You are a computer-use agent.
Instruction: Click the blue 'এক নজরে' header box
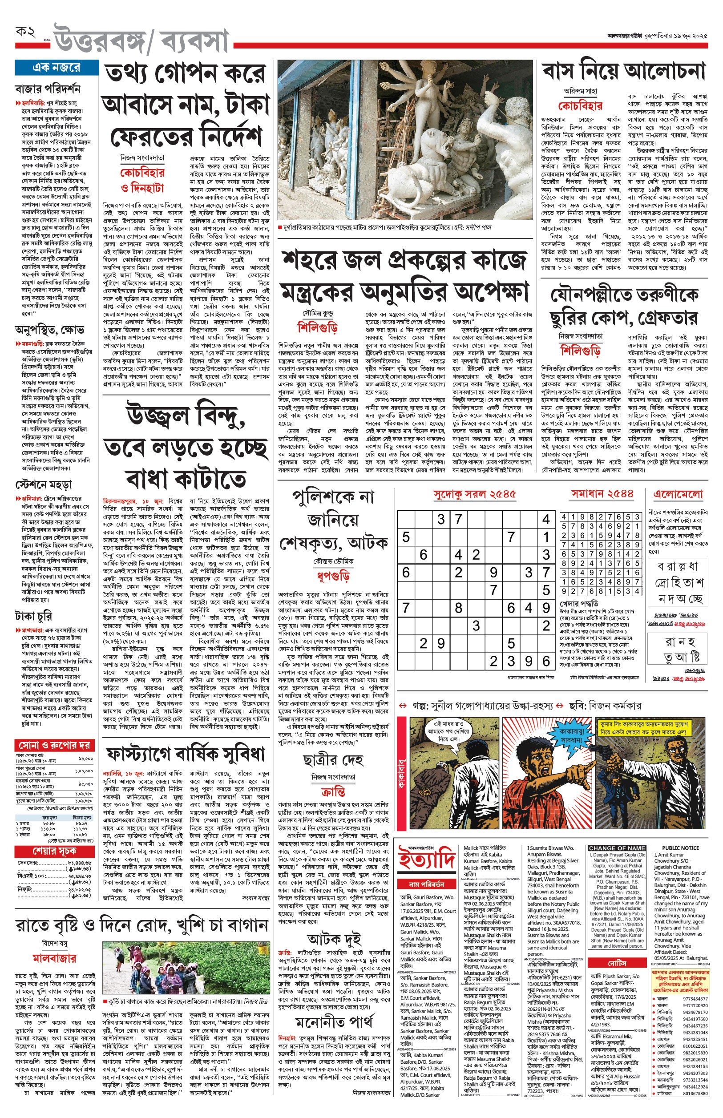[57, 68]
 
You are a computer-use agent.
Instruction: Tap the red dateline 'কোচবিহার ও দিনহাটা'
[142, 180]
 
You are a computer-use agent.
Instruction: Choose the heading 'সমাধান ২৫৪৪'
[602, 494]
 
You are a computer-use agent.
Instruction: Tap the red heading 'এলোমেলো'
[678, 494]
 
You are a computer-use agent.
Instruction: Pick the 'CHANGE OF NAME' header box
[617, 848]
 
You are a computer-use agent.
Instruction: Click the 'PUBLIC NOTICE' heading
[680, 848]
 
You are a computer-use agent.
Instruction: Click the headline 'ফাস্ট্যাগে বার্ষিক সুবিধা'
[186, 754]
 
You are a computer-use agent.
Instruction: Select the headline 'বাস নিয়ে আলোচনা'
[624, 72]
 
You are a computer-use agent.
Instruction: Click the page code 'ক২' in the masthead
[26, 32]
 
